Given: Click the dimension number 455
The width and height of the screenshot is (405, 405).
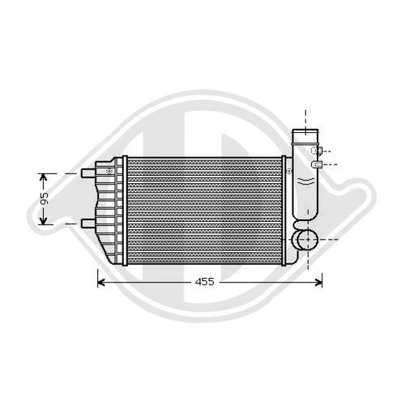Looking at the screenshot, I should point(207,283).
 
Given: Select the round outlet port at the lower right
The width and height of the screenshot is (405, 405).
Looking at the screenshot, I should point(305,241).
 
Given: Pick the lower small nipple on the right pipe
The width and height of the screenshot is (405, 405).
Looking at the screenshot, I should point(318,164).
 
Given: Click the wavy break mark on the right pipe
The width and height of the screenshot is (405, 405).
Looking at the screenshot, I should point(305,180).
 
